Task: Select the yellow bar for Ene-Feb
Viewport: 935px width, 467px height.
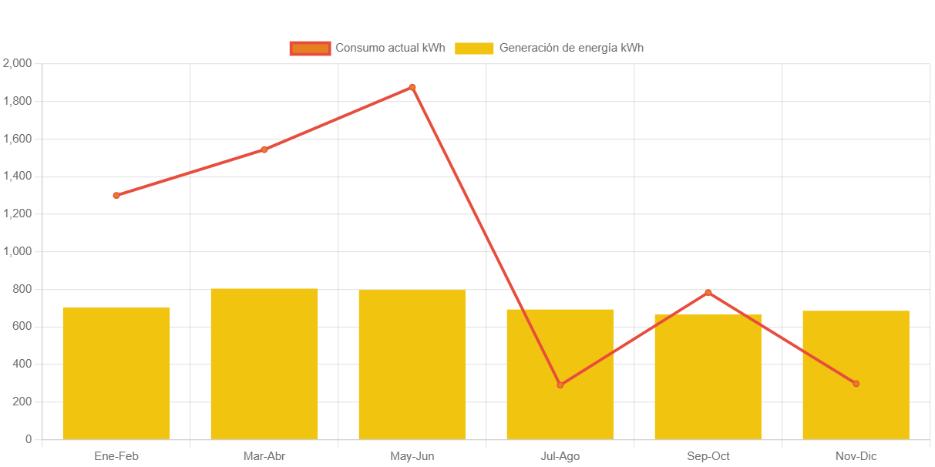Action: [116, 374]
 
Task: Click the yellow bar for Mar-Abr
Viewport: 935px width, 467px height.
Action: [264, 364]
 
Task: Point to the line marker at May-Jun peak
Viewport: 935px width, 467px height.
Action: [412, 87]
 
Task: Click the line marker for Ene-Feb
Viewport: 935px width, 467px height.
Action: [116, 196]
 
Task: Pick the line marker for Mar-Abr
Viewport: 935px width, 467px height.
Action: [264, 150]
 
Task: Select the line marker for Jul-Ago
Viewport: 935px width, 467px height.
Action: [560, 385]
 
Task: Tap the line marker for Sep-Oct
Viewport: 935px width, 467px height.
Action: [708, 293]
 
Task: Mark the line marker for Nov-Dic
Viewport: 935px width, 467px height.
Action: [856, 383]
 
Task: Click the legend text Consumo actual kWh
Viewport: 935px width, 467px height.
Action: [390, 48]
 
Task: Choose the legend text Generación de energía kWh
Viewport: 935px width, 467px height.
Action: [571, 48]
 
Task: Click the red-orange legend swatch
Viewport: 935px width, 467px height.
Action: [310, 49]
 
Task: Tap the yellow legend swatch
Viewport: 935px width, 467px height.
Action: [474, 49]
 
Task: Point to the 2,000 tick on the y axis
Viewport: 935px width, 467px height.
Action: [18, 63]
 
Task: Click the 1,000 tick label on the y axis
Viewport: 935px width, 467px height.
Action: [18, 251]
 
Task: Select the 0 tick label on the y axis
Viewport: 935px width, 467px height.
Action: [29, 439]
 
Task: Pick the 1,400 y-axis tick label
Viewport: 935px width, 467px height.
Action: [18, 176]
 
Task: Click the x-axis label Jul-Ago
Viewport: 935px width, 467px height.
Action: [560, 456]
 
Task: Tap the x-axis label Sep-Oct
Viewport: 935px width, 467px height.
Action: [708, 456]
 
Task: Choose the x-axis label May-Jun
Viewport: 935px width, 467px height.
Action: [412, 456]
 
